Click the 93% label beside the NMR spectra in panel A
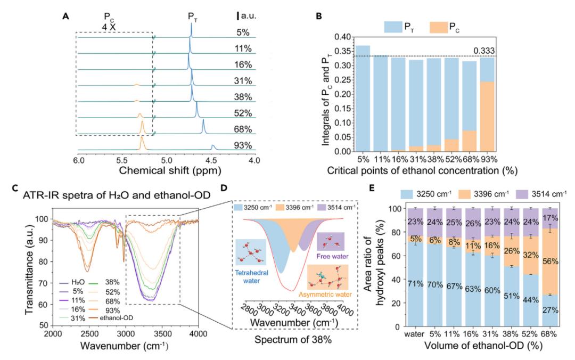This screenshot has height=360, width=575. pos(244,146)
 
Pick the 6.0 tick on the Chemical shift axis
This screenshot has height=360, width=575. pos(78,161)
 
